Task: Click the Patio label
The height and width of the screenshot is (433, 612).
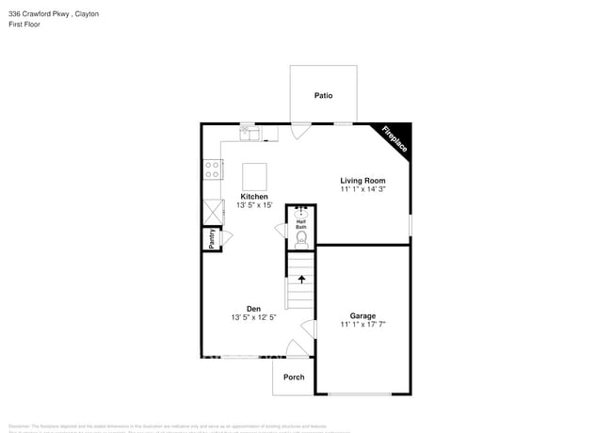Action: pyautogui.click(x=323, y=95)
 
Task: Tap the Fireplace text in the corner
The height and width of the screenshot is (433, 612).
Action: pyautogui.click(x=394, y=139)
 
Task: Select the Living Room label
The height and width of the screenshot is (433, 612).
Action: pyautogui.click(x=362, y=180)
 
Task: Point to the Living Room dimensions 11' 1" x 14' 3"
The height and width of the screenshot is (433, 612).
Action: pyautogui.click(x=362, y=189)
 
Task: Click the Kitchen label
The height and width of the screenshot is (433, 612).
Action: pyautogui.click(x=254, y=197)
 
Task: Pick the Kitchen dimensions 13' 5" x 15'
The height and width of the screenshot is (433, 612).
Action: pyautogui.click(x=254, y=206)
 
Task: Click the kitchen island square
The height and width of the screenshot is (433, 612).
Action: pyautogui.click(x=254, y=176)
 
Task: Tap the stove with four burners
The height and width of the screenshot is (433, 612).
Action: pyautogui.click(x=213, y=169)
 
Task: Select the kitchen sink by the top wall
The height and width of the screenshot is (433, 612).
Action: pyautogui.click(x=250, y=134)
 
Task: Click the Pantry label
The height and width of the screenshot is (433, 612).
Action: pyautogui.click(x=213, y=239)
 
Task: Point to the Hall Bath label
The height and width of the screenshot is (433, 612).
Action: pyautogui.click(x=301, y=225)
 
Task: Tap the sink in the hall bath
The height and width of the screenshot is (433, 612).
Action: pyautogui.click(x=301, y=212)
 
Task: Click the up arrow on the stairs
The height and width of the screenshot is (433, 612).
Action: pyautogui.click(x=301, y=279)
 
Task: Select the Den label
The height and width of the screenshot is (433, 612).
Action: pyautogui.click(x=253, y=309)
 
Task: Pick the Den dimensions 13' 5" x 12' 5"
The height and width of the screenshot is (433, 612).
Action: pyautogui.click(x=253, y=318)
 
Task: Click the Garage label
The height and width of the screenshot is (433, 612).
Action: pyautogui.click(x=362, y=315)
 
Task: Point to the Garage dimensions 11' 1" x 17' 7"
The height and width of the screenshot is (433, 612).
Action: pyautogui.click(x=362, y=325)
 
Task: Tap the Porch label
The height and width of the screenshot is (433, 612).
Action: pyautogui.click(x=294, y=377)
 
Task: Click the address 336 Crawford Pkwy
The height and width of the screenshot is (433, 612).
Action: pyautogui.click(x=37, y=15)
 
